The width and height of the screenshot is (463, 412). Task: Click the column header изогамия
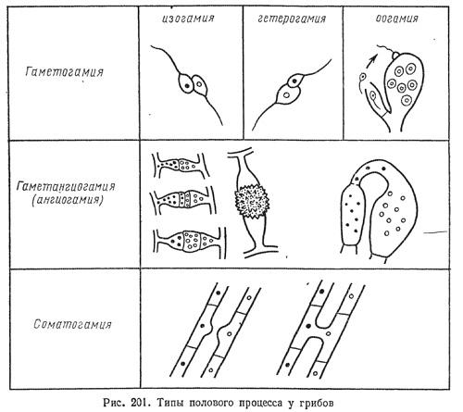pyautogui.click(x=188, y=19)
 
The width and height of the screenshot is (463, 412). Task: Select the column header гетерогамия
pyautogui.click(x=292, y=19)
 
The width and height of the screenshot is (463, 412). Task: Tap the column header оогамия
pyautogui.click(x=397, y=19)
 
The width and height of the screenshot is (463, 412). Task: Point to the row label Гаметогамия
pyautogui.click(x=64, y=72)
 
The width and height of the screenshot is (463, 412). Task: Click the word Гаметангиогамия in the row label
pyautogui.click(x=66, y=186)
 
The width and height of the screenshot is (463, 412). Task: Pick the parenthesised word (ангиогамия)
pyautogui.click(x=68, y=200)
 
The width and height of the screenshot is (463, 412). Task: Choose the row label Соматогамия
pyautogui.click(x=72, y=324)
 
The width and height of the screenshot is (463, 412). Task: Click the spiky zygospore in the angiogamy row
pyautogui.click(x=252, y=202)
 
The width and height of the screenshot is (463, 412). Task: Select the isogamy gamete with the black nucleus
pyautogui.click(x=185, y=82)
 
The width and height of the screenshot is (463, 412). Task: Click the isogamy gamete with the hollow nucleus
pyautogui.click(x=199, y=84)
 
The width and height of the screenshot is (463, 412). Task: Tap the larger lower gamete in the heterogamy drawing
pyautogui.click(x=288, y=95)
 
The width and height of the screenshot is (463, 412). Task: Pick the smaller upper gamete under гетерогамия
pyautogui.click(x=294, y=81)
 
